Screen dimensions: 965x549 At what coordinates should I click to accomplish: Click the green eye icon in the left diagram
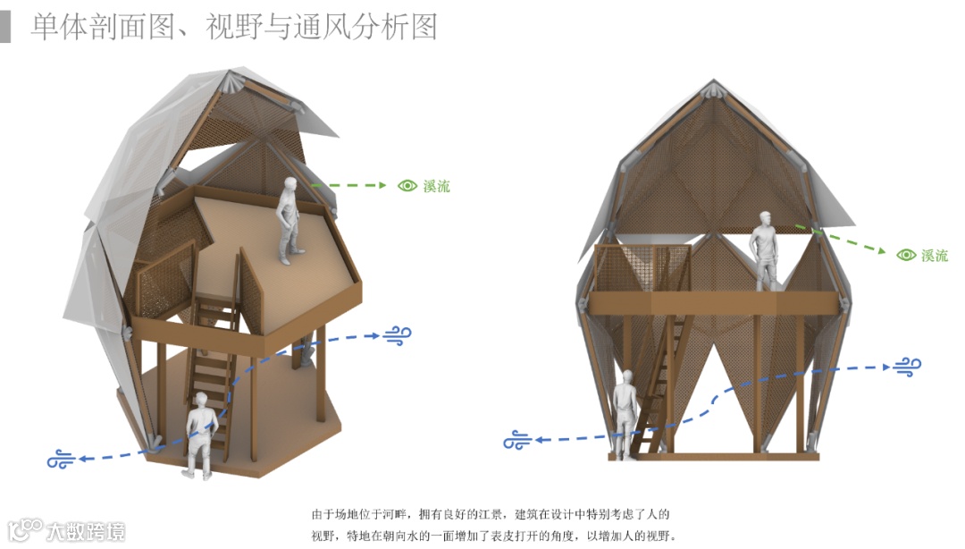coord(407,186)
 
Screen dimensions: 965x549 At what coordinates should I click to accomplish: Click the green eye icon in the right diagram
coord(906,255)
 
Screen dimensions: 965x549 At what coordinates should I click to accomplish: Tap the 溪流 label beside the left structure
coord(437,186)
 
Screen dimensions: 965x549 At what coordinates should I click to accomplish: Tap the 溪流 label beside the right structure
coord(935,256)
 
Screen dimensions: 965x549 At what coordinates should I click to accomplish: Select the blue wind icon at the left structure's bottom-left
coord(62,460)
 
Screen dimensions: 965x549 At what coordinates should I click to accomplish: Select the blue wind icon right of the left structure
coord(398,335)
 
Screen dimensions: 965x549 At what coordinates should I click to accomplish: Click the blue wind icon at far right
coord(906,365)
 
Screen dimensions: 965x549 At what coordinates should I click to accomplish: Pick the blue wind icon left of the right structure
coord(517,440)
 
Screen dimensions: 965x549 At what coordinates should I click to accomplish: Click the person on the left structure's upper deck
coord(288,220)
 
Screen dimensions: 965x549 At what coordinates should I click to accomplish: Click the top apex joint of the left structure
coord(234,79)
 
